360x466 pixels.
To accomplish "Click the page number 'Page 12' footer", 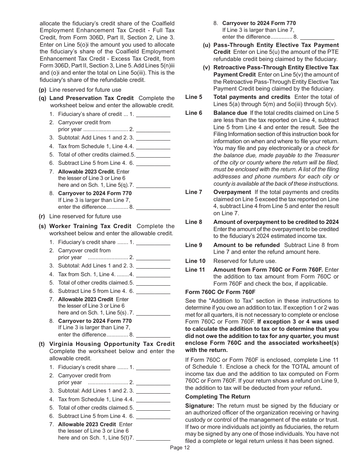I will point(180,447).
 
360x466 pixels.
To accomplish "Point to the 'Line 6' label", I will point(194,113).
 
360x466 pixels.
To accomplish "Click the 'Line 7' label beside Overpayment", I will point(194,192).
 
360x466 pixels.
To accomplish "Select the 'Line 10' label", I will point(195,261).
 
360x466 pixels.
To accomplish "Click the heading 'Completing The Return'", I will point(218,397).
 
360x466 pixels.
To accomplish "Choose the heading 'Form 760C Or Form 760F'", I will point(220,292).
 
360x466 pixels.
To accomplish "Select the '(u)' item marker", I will point(207,45).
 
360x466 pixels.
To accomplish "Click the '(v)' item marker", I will point(207,67).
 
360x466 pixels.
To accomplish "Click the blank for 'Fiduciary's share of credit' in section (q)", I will point(153,114).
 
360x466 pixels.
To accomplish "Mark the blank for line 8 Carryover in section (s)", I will point(153,335).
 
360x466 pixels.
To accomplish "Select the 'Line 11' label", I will point(195,270).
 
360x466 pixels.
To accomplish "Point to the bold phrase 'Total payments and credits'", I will point(252,97).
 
